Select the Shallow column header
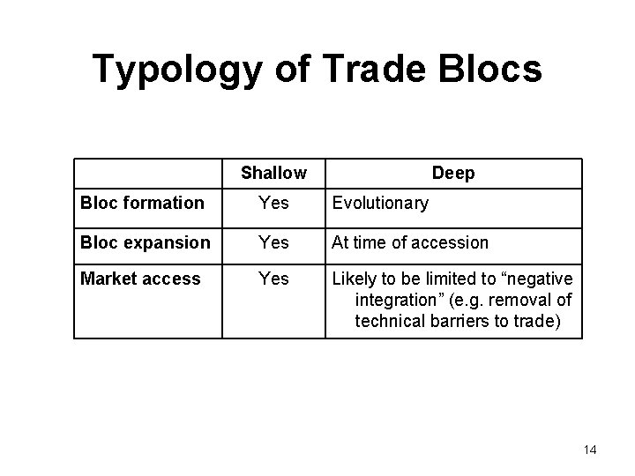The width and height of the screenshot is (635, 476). (273, 174)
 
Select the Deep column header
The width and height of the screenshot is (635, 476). (453, 174)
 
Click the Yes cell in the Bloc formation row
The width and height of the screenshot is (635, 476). (273, 204)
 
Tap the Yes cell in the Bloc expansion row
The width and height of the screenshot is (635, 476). (273, 242)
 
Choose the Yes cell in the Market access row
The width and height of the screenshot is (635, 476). (273, 279)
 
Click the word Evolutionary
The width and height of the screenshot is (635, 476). (380, 204)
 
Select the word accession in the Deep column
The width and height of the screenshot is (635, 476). (449, 242)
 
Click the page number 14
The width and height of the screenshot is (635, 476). (590, 450)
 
